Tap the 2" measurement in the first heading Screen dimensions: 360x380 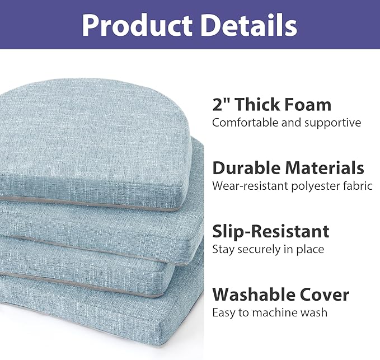coord(221,104)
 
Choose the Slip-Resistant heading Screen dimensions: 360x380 coord(270,231)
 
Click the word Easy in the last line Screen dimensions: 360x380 coord(223,312)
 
